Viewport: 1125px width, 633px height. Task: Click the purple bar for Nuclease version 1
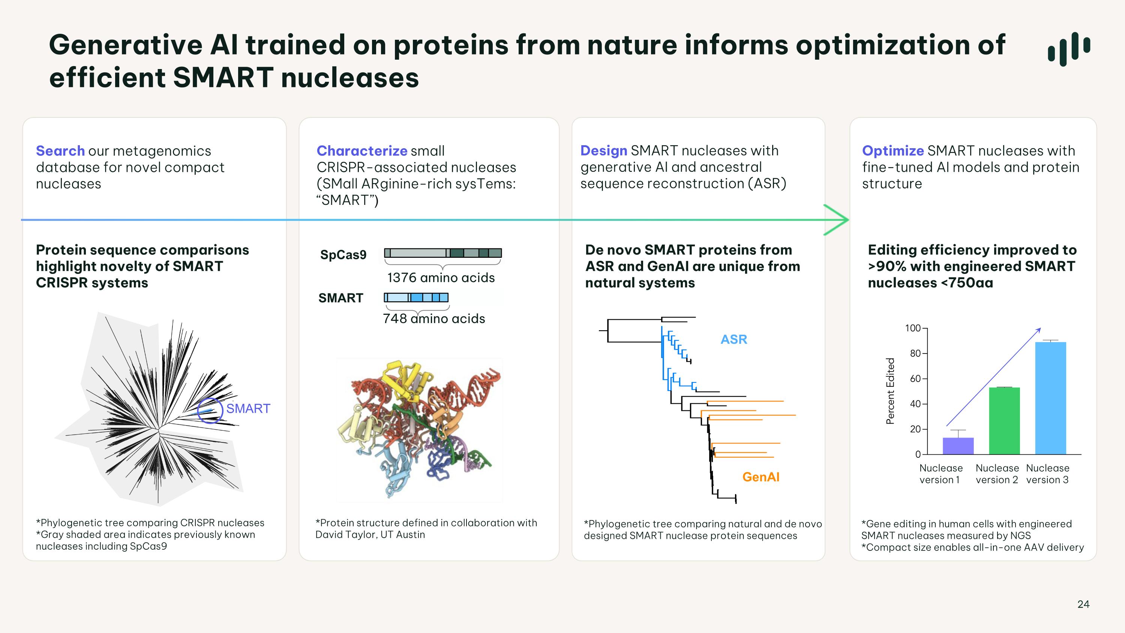(x=958, y=446)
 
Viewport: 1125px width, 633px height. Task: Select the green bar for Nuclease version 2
(x=1005, y=421)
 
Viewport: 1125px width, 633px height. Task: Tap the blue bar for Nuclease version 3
(x=1051, y=398)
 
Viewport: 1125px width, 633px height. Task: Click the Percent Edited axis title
(x=890, y=391)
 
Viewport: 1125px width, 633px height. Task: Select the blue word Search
(x=60, y=151)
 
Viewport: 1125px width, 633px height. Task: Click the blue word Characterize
(x=362, y=151)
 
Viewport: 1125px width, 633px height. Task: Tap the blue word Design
(x=603, y=151)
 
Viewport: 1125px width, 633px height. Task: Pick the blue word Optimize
(x=892, y=151)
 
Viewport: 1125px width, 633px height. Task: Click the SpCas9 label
(x=343, y=255)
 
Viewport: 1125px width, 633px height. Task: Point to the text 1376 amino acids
(x=441, y=278)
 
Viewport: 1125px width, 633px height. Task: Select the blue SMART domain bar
(x=416, y=298)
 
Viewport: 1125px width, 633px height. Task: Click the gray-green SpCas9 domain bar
(x=443, y=253)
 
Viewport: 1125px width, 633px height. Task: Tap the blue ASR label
(x=734, y=340)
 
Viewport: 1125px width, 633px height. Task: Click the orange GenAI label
(x=761, y=477)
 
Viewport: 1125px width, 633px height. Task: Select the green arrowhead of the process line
(x=836, y=220)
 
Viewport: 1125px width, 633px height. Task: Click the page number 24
(x=1083, y=604)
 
